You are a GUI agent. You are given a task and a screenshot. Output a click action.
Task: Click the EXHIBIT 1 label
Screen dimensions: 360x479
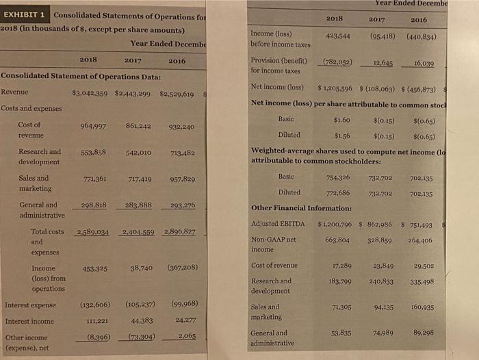click(x=25, y=15)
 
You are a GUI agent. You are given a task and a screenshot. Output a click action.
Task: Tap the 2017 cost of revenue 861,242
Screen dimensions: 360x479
click(x=138, y=126)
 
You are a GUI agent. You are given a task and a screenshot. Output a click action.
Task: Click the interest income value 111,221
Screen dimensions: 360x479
click(x=94, y=321)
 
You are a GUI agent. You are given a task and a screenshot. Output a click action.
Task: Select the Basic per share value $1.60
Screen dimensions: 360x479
click(x=341, y=119)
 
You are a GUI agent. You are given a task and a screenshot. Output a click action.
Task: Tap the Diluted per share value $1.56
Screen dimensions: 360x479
click(x=341, y=135)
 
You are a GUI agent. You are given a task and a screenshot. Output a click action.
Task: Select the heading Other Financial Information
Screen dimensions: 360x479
click(x=302, y=208)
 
